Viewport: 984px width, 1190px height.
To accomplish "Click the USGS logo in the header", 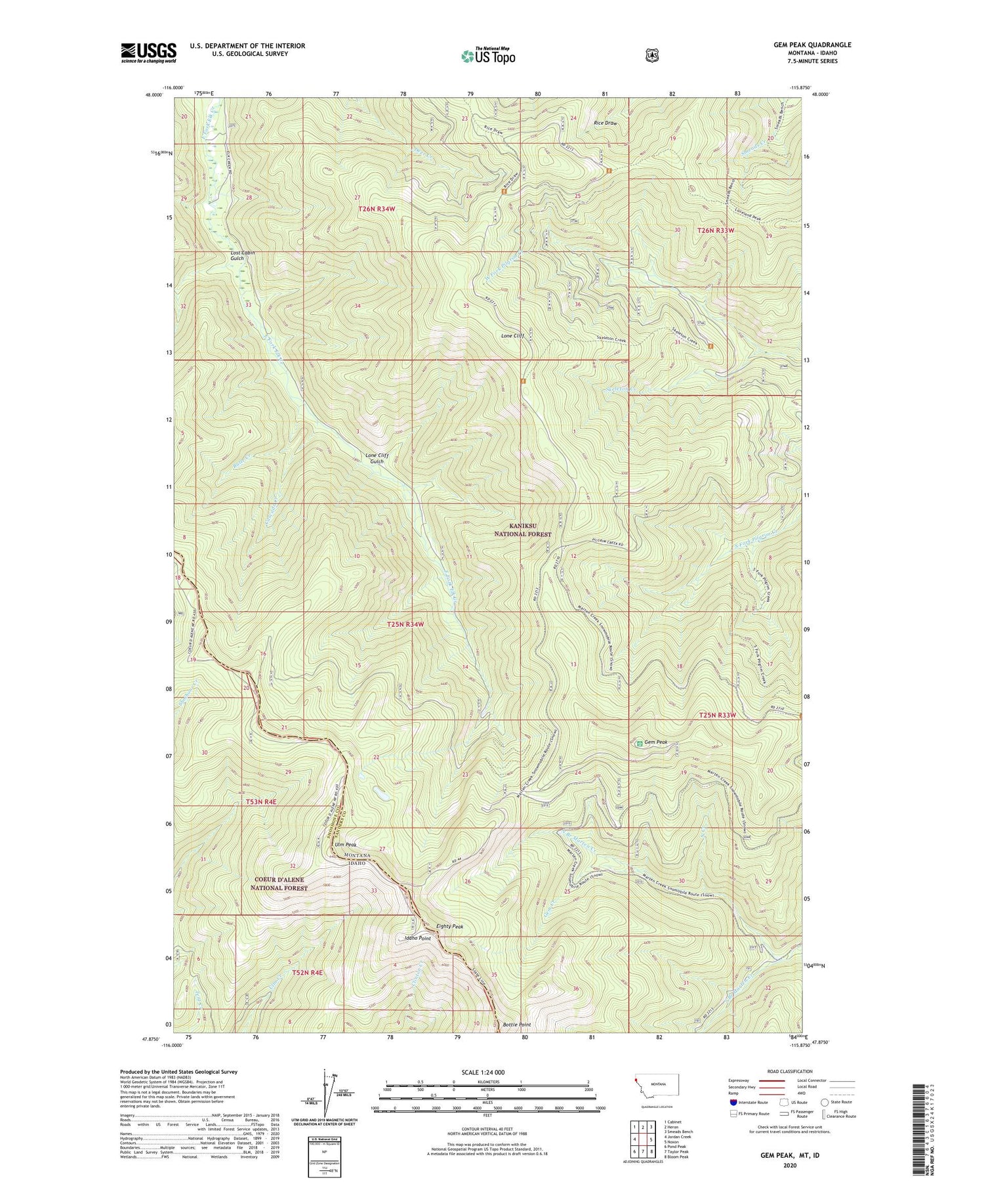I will click(x=148, y=53).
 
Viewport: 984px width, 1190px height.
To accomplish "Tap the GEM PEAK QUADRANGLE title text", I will click(x=812, y=45).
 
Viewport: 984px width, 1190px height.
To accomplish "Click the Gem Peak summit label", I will click(x=655, y=742).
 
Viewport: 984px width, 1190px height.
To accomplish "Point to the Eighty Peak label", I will click(x=450, y=927).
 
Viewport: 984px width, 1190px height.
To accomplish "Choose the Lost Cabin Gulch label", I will click(x=242, y=255).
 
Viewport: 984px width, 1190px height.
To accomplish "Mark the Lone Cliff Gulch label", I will click(x=377, y=458).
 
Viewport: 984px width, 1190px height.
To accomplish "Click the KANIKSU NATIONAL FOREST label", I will click(x=522, y=530).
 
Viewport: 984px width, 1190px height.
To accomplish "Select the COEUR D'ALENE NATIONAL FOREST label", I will click(x=279, y=883).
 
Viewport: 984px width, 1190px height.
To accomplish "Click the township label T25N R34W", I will click(x=405, y=624).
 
